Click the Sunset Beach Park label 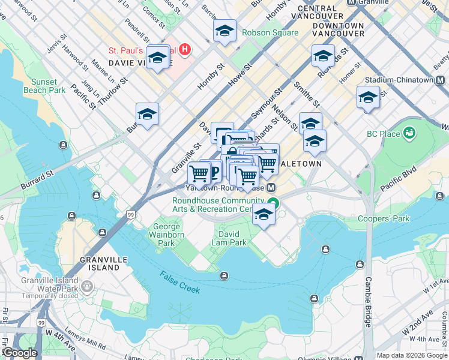pos(44,86)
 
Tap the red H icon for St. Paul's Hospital pos(185,49)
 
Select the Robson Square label pos(270,33)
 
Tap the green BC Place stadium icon pos(410,132)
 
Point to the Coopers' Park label pos(384,218)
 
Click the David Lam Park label pos(229,238)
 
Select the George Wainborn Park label pos(166,235)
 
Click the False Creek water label pos(180,281)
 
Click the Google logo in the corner pos(19,353)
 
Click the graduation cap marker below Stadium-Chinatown pos(368,97)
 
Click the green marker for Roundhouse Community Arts pos(273,203)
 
